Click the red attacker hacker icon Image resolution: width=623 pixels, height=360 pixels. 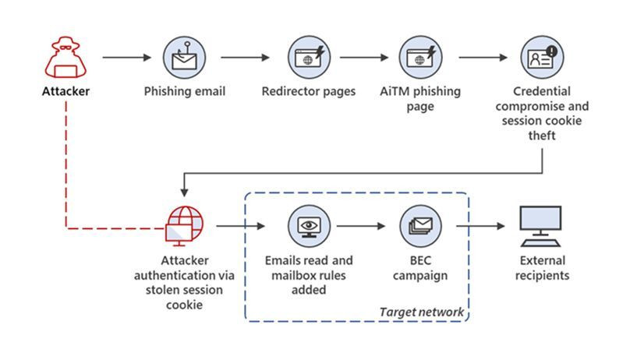[x=65, y=57]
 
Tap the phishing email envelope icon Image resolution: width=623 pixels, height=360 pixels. [x=185, y=57]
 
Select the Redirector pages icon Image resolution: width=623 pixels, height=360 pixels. [x=308, y=57]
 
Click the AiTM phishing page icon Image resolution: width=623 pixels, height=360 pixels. [x=421, y=57]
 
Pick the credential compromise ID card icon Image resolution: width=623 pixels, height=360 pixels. [x=541, y=57]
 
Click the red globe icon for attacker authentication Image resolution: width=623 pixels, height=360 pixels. [x=184, y=225]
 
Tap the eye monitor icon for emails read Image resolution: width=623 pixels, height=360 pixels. [x=308, y=225]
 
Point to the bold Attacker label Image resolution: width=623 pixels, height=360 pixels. [x=65, y=92]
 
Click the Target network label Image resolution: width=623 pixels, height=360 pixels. [x=421, y=312]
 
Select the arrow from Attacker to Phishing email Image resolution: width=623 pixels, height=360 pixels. [x=126, y=57]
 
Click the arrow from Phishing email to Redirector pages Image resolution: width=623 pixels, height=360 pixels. [x=246, y=57]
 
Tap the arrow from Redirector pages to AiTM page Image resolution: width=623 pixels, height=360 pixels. [x=364, y=57]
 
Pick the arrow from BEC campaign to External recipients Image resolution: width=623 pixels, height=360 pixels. [x=481, y=226]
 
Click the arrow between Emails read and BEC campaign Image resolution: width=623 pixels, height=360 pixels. [x=362, y=226]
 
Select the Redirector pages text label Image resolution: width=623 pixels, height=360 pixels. [x=308, y=92]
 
